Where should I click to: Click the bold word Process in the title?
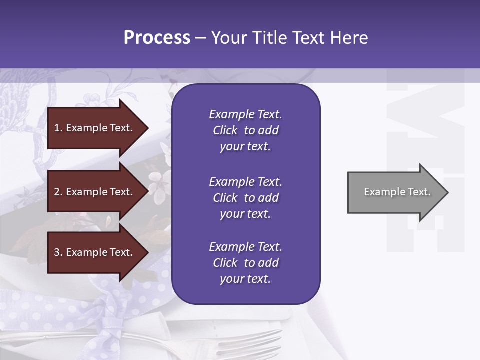(157, 38)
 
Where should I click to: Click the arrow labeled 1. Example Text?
(95, 128)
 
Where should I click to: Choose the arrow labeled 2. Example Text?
(95, 192)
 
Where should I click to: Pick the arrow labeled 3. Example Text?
(95, 252)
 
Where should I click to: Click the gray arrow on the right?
(395, 192)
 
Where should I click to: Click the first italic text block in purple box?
(245, 130)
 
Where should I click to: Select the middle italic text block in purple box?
(245, 198)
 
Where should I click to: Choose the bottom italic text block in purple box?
(245, 263)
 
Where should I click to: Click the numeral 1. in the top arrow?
(58, 128)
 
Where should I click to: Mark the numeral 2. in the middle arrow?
(58, 192)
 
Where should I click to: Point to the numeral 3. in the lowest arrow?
(58, 252)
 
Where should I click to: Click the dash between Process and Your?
(200, 38)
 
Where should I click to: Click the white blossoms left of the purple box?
(159, 185)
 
